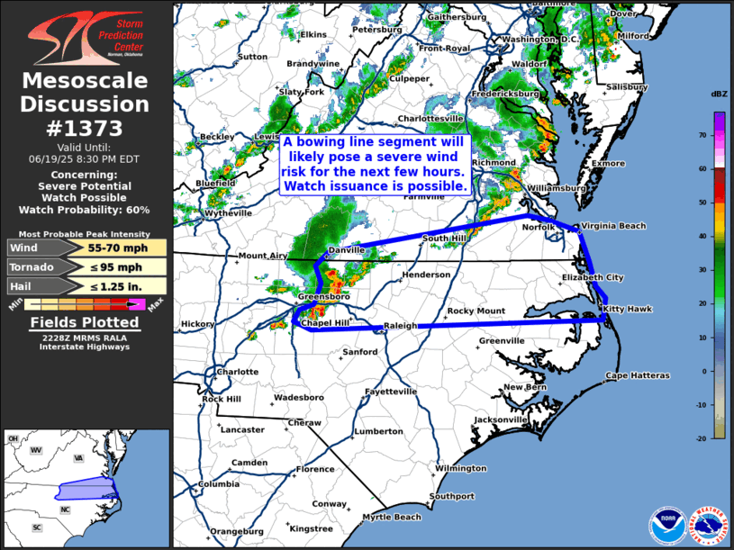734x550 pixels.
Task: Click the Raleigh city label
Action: [x=402, y=326]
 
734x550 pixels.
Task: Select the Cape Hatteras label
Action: [x=638, y=375]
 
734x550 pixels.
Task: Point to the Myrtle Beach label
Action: [x=391, y=517]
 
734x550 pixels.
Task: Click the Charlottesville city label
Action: [x=430, y=118]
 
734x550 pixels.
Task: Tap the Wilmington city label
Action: [x=460, y=468]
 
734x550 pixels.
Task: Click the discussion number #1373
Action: [x=86, y=129]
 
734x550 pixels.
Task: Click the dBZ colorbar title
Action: [x=719, y=95]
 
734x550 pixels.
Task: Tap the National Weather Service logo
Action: [x=708, y=525]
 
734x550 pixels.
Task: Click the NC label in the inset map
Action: [x=65, y=509]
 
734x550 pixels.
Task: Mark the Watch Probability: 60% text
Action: [x=86, y=211]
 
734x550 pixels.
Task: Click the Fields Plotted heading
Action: [x=86, y=321]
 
